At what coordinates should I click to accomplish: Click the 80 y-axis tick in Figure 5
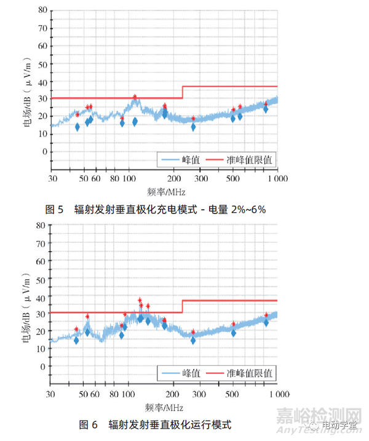point(41,10)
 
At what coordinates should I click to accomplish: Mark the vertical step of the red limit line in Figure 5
point(183,92)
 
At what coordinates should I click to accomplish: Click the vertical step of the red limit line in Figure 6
point(183,306)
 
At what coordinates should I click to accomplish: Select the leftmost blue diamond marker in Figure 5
point(77,127)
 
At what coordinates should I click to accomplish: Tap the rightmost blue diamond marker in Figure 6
point(266,322)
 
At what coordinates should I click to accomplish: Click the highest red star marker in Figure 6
point(140,300)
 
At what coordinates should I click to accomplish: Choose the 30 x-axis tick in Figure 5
point(52,178)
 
